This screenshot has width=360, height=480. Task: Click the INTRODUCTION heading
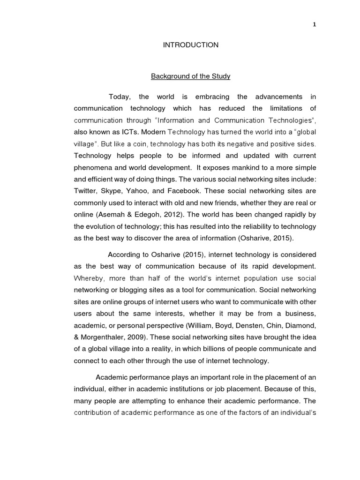[x=190, y=45]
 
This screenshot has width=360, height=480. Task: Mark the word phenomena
[x=92, y=167]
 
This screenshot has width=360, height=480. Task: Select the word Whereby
[x=89, y=277]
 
